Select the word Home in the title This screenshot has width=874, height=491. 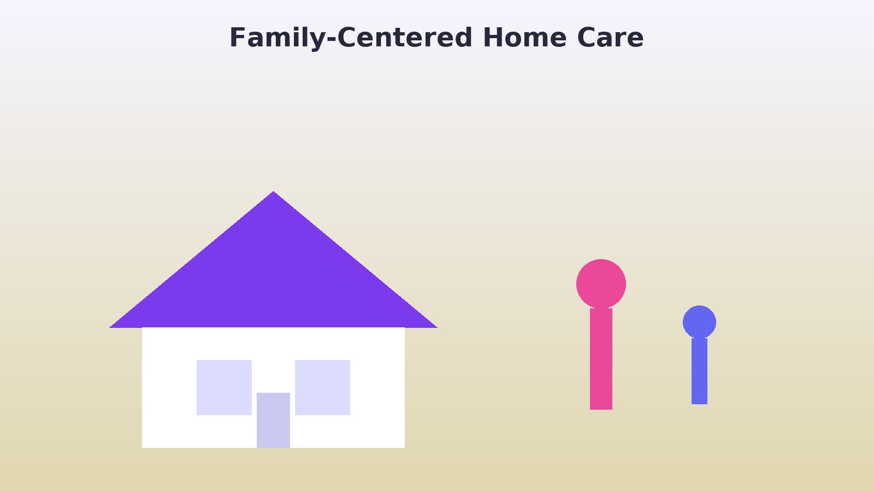click(525, 38)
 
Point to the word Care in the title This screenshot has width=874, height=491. click(610, 38)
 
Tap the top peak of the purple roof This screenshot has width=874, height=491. click(273, 191)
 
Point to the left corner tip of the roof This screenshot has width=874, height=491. click(110, 327)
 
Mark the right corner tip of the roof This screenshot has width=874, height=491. click(437, 327)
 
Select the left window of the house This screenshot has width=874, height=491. click(224, 387)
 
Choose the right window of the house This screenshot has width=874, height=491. click(322, 387)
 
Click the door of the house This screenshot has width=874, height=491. click(273, 420)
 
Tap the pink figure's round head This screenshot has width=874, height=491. click(601, 284)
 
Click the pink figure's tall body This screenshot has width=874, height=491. click(601, 359)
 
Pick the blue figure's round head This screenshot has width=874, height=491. click(699, 322)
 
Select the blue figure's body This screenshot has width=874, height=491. click(699, 371)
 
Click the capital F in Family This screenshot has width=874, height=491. click(237, 38)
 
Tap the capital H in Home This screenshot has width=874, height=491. click(493, 38)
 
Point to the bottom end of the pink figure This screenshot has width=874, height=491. click(601, 409)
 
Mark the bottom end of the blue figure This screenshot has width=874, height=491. click(699, 404)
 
